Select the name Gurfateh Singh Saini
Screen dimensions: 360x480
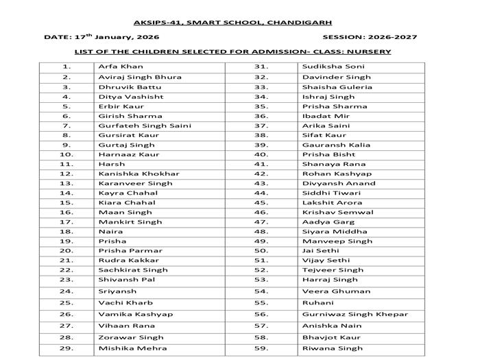145,125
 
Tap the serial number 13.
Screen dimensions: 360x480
67,183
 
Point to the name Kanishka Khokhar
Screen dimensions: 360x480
139,173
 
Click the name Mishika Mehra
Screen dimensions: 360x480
132,348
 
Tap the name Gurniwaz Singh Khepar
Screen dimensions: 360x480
355,314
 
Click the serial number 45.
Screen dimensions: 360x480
261,202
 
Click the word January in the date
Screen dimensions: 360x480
116,37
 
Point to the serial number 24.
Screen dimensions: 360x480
67,291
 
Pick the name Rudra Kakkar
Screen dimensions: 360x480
128,260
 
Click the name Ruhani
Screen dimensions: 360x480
317,302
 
